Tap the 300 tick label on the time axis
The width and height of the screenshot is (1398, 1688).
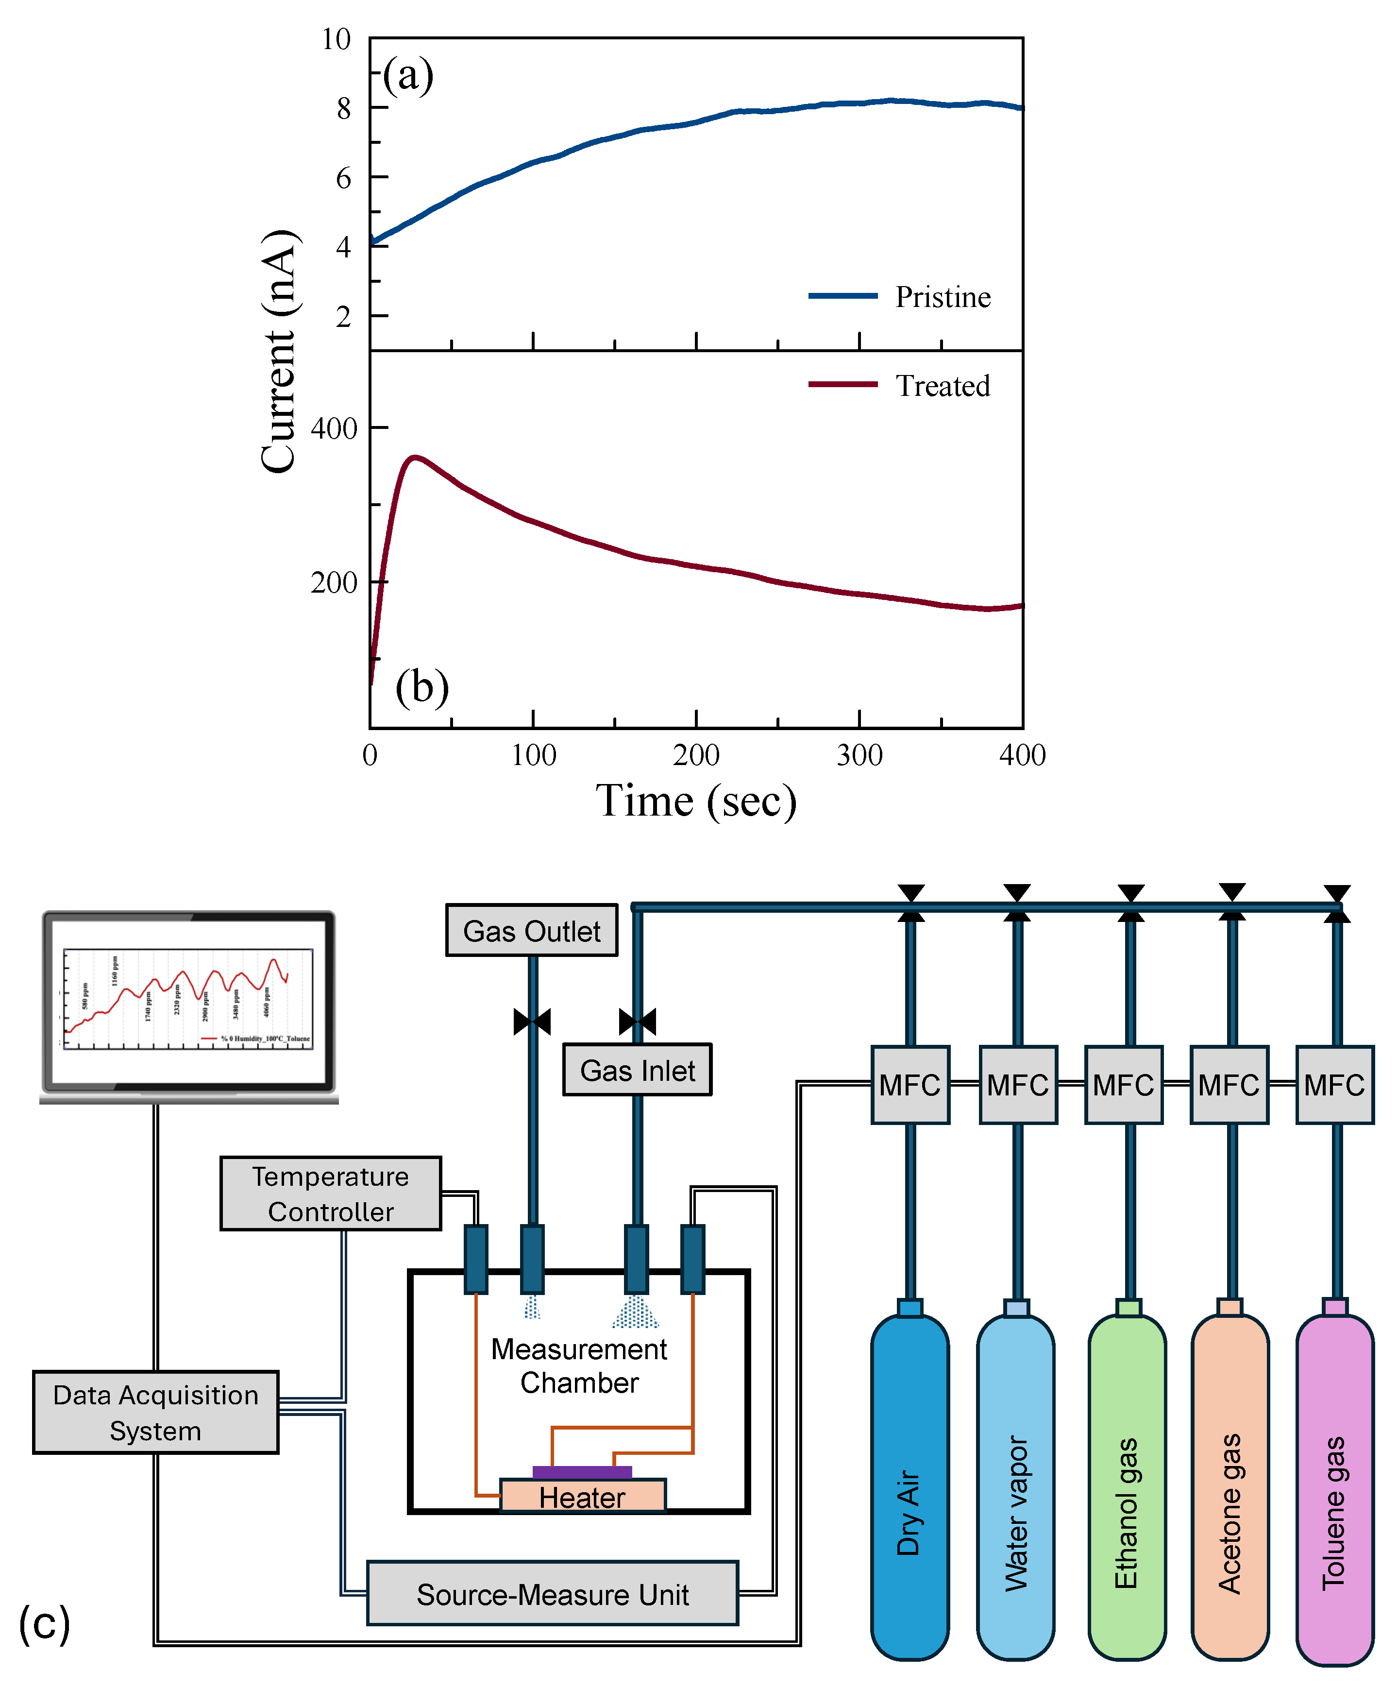[x=859, y=755]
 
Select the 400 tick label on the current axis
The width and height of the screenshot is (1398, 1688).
[x=334, y=428]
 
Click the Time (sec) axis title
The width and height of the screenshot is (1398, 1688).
[x=696, y=801]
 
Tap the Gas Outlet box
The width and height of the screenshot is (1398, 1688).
[x=531, y=931]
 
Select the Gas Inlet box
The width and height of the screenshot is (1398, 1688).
[x=637, y=1070]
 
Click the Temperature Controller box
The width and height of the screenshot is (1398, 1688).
[x=330, y=1194]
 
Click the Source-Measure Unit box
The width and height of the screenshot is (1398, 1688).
[x=552, y=1594]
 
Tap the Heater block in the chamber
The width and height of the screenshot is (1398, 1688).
[x=583, y=1497]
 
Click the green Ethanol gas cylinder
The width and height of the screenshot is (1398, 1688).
[x=1127, y=1487]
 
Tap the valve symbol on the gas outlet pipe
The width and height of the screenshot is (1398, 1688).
[x=532, y=1022]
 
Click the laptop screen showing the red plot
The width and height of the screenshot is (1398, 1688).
[x=188, y=1000]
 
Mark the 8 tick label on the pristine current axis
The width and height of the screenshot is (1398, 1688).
[x=344, y=108]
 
